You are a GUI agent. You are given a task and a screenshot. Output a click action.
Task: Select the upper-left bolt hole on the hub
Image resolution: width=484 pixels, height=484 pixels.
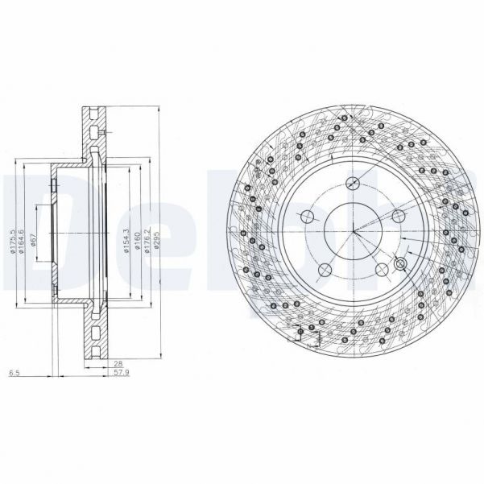coord(307,217)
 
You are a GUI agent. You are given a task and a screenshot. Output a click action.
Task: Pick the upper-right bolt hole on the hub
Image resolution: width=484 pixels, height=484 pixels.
coord(398,216)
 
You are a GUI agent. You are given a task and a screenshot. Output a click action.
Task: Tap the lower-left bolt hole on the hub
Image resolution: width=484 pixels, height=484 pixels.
coord(325,269)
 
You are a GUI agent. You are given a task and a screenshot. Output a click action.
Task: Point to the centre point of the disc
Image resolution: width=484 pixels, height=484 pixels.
coord(354,233)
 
